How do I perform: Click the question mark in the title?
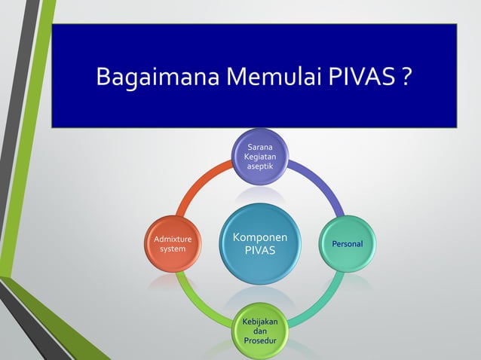[x=406, y=78]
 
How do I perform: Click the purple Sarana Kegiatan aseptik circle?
[x=259, y=156]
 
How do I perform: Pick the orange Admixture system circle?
[x=173, y=244]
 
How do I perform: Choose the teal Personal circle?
[x=347, y=244]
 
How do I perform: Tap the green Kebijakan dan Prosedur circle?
[x=259, y=331]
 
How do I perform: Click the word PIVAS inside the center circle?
[x=259, y=250]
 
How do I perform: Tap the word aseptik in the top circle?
[x=259, y=166]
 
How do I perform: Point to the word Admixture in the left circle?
[x=173, y=239]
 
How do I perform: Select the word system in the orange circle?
[x=173, y=249]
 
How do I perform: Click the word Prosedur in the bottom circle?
[x=259, y=342]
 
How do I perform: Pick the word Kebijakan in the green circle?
[x=259, y=322]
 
